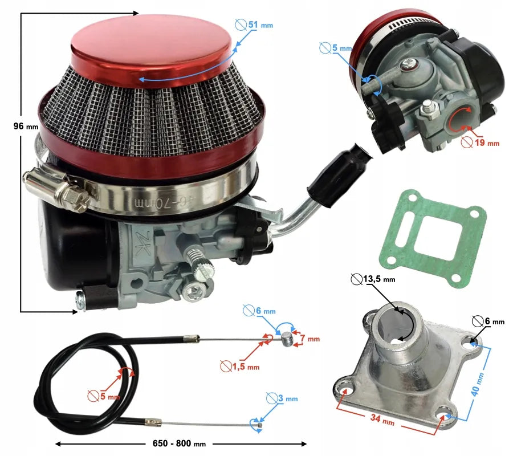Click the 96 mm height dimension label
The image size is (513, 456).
pos(26,126)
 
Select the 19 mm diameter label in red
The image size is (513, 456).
pos(481,142)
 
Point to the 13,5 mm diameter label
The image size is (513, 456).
pos(373,279)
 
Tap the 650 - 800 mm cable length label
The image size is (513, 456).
pos(180,443)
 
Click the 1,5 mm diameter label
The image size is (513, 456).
pos(240,367)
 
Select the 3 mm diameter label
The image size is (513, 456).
pos(282,398)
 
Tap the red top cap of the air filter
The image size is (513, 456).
pos(151,51)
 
